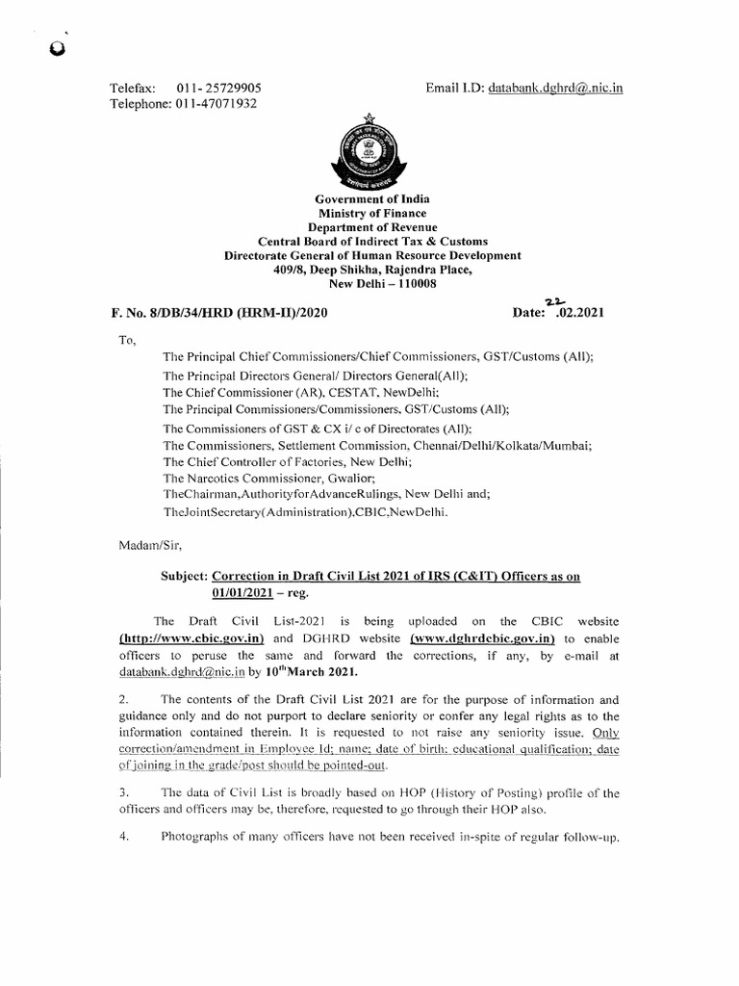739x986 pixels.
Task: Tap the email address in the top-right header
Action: tap(556, 88)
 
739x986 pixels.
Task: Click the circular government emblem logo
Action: tap(372, 155)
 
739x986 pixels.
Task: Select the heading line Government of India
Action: tap(372, 199)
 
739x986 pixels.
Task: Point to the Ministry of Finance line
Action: tap(372, 214)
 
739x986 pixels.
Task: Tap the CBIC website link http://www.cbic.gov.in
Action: tap(177, 637)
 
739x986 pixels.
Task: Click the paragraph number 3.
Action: tap(122, 792)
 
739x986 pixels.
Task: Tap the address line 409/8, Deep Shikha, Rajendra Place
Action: tap(372, 270)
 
